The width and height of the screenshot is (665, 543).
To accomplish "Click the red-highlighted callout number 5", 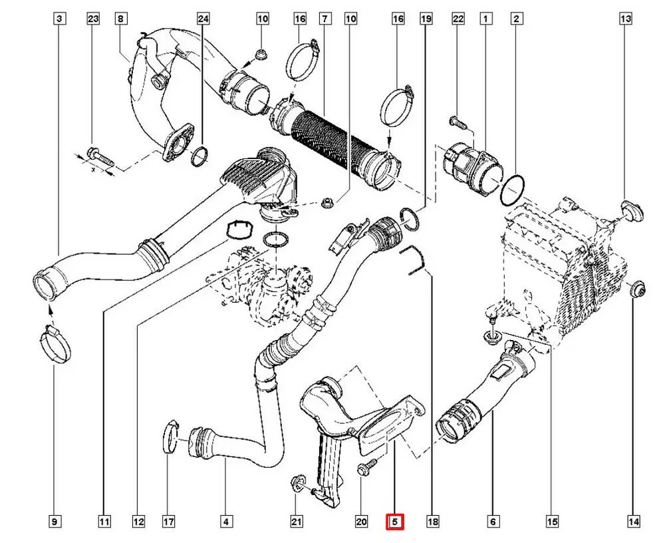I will pyautogui.click(x=395, y=522).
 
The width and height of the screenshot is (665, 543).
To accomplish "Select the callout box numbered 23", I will pyautogui.click(x=93, y=19).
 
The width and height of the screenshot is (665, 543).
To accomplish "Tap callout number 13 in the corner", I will pyautogui.click(x=626, y=19).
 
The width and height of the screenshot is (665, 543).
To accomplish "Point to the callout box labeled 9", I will pyautogui.click(x=55, y=522).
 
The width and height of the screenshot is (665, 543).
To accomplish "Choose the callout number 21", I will pyautogui.click(x=297, y=522).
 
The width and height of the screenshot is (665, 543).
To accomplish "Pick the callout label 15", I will pyautogui.click(x=551, y=522).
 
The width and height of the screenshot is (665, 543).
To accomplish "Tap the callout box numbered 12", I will pyautogui.click(x=138, y=522).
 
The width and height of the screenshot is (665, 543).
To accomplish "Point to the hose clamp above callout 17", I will pyautogui.click(x=171, y=437).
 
